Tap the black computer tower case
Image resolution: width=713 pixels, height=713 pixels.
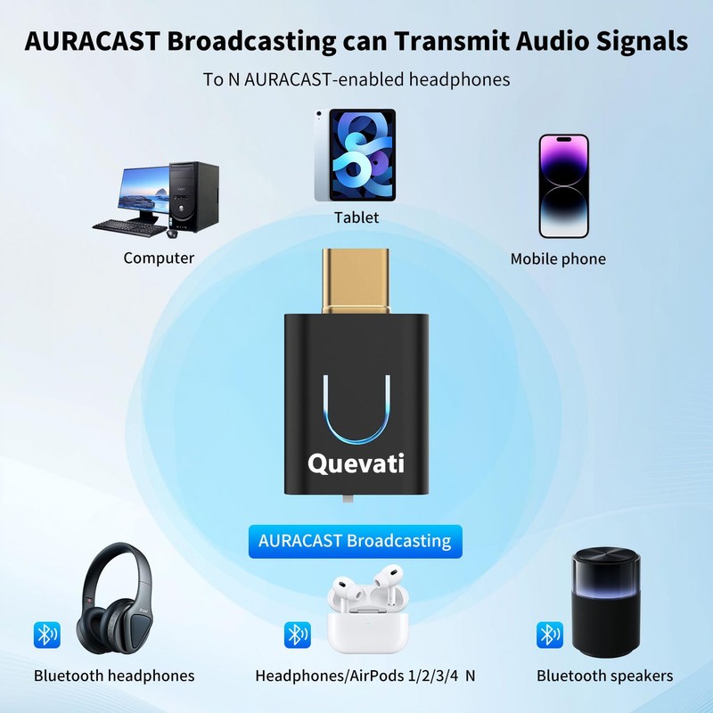[x=195, y=195]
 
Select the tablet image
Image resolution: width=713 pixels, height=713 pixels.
[x=355, y=155]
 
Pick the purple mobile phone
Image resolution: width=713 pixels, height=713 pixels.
[x=563, y=186]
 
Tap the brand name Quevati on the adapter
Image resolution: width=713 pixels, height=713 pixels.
[x=356, y=463]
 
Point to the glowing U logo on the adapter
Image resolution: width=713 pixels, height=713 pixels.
[x=356, y=410]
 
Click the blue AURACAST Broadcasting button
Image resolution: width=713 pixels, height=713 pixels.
[x=355, y=541]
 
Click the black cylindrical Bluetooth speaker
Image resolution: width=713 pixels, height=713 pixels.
[x=605, y=602]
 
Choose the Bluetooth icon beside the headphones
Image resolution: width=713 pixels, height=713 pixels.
[x=46, y=635]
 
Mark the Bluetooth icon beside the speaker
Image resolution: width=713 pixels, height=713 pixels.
[x=549, y=635]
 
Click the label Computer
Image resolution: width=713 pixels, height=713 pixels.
[x=159, y=258]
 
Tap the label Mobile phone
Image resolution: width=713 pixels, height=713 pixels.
[x=558, y=259]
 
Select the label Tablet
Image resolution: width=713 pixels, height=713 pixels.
[x=356, y=217]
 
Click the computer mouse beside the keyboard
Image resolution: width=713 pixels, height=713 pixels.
[x=171, y=234]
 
